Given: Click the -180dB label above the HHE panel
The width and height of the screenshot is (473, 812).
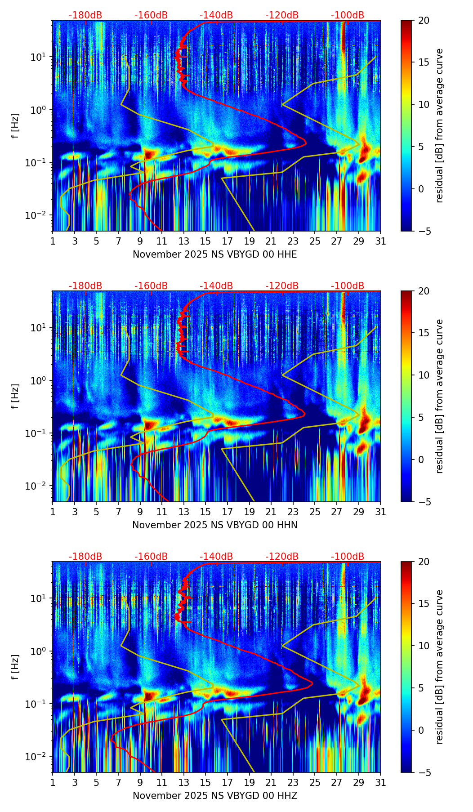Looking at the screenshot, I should coord(85,15).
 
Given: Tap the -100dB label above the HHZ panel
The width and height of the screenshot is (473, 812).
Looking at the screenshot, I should coord(348,557).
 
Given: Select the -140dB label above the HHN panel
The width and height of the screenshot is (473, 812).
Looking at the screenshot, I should coord(216,286).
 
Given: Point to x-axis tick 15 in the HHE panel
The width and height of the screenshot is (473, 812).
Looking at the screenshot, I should coord(205,241).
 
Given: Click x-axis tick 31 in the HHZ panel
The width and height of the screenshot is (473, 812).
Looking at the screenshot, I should coord(380,782).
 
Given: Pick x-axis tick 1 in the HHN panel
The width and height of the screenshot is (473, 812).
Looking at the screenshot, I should coord(53,512).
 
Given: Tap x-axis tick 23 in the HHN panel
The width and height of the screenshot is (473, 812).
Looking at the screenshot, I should coord(293,512).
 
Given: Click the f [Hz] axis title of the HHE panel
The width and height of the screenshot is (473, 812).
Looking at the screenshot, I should coord(16,125).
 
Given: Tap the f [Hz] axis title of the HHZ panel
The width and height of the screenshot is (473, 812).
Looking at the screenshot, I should coord(16,667).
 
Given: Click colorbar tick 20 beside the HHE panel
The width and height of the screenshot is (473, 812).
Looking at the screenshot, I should coord(424,20).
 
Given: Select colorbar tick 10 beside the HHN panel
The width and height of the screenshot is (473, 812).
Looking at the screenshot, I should coord(424,375).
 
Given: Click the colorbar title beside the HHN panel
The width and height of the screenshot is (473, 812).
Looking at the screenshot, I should coord(439,396).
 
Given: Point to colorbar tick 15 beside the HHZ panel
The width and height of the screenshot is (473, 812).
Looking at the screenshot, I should coord(424,604).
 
